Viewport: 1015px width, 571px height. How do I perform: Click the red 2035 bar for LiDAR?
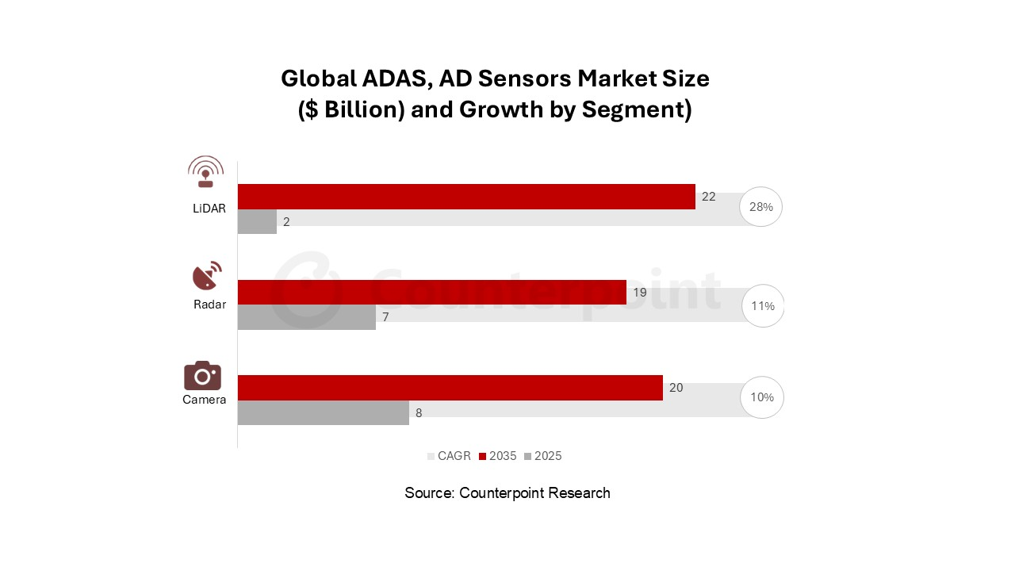click(x=466, y=197)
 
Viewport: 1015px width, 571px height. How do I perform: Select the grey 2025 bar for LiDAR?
click(x=257, y=222)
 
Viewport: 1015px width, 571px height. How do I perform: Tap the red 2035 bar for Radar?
click(x=431, y=292)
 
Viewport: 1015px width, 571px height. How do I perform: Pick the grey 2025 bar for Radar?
click(x=306, y=317)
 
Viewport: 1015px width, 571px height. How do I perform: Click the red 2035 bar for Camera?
click(x=450, y=388)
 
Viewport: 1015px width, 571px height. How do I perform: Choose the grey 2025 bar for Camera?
click(x=323, y=412)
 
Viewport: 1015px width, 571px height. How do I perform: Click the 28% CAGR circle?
click(x=761, y=207)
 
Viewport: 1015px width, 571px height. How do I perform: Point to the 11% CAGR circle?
click(x=763, y=306)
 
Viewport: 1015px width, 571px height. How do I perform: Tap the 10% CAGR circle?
click(x=762, y=397)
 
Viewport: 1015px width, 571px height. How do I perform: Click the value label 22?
click(x=708, y=197)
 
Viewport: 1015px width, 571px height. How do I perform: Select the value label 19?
click(x=639, y=292)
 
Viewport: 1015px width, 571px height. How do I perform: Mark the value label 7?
click(x=386, y=317)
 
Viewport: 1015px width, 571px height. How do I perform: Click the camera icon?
click(x=202, y=375)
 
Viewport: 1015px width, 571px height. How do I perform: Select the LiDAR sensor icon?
click(x=205, y=171)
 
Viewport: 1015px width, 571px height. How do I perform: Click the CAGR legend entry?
click(x=449, y=456)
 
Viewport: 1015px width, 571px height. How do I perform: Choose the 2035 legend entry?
click(x=497, y=456)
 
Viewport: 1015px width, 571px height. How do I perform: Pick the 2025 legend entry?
click(x=542, y=456)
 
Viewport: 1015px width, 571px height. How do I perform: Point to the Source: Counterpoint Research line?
click(x=507, y=492)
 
